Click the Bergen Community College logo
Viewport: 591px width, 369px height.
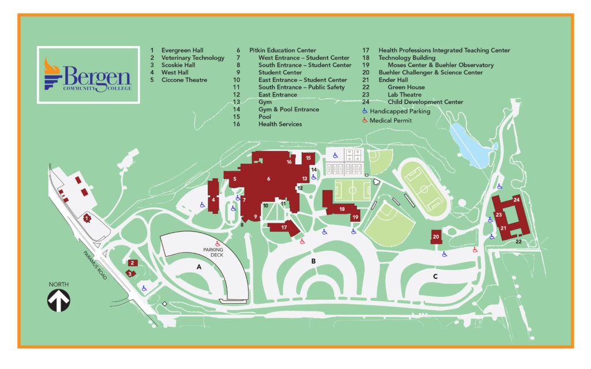click(x=88, y=75)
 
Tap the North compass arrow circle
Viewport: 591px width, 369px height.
click(x=59, y=300)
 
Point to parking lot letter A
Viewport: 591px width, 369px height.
click(x=199, y=267)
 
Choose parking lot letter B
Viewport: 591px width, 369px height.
click(x=313, y=261)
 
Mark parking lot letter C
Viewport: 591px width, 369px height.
click(x=435, y=277)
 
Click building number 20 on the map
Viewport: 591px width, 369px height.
click(x=436, y=237)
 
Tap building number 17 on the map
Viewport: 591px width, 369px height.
click(x=284, y=228)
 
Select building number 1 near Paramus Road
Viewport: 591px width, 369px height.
click(x=87, y=219)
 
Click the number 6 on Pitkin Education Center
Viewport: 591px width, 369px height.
click(x=268, y=179)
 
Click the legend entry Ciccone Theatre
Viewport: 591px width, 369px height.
click(x=184, y=80)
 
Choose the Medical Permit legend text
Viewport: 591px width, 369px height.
click(x=391, y=121)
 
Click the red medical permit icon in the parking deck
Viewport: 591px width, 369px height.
click(x=218, y=243)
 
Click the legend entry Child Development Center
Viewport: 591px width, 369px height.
click(x=425, y=102)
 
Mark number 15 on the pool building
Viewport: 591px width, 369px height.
click(x=309, y=157)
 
